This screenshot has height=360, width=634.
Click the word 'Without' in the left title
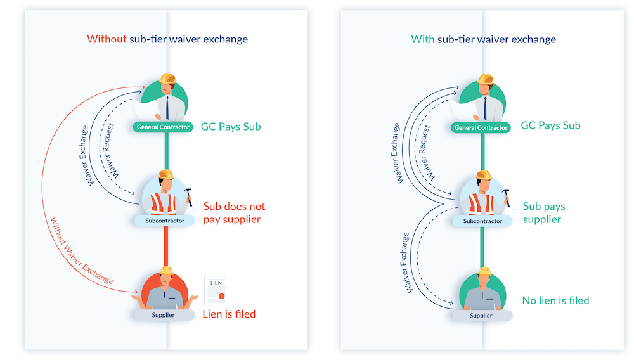point(106,39)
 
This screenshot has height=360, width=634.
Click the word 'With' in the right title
point(423,39)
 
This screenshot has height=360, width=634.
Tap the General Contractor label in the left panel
point(163,127)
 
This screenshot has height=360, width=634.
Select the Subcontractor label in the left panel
point(165,221)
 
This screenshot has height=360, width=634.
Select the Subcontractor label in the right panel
point(483,221)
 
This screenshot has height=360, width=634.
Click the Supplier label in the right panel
point(481,315)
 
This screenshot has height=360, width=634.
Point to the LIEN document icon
point(216,291)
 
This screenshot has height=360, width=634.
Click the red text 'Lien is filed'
point(229,314)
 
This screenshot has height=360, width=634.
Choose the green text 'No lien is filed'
point(555,300)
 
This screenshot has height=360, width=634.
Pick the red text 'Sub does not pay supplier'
point(234,213)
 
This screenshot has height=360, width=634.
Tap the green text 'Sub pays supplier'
point(543,213)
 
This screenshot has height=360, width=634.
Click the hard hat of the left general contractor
point(167,79)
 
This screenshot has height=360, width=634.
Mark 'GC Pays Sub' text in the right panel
point(550,125)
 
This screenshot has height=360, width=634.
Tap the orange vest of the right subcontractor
point(481,203)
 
